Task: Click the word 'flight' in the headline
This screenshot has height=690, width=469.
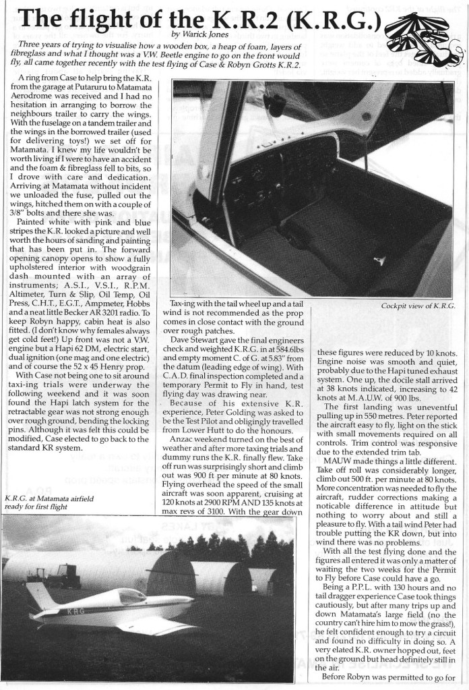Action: pyautogui.click(x=119, y=17)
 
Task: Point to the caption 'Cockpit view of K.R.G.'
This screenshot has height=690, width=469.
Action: pyautogui.click(x=410, y=307)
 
